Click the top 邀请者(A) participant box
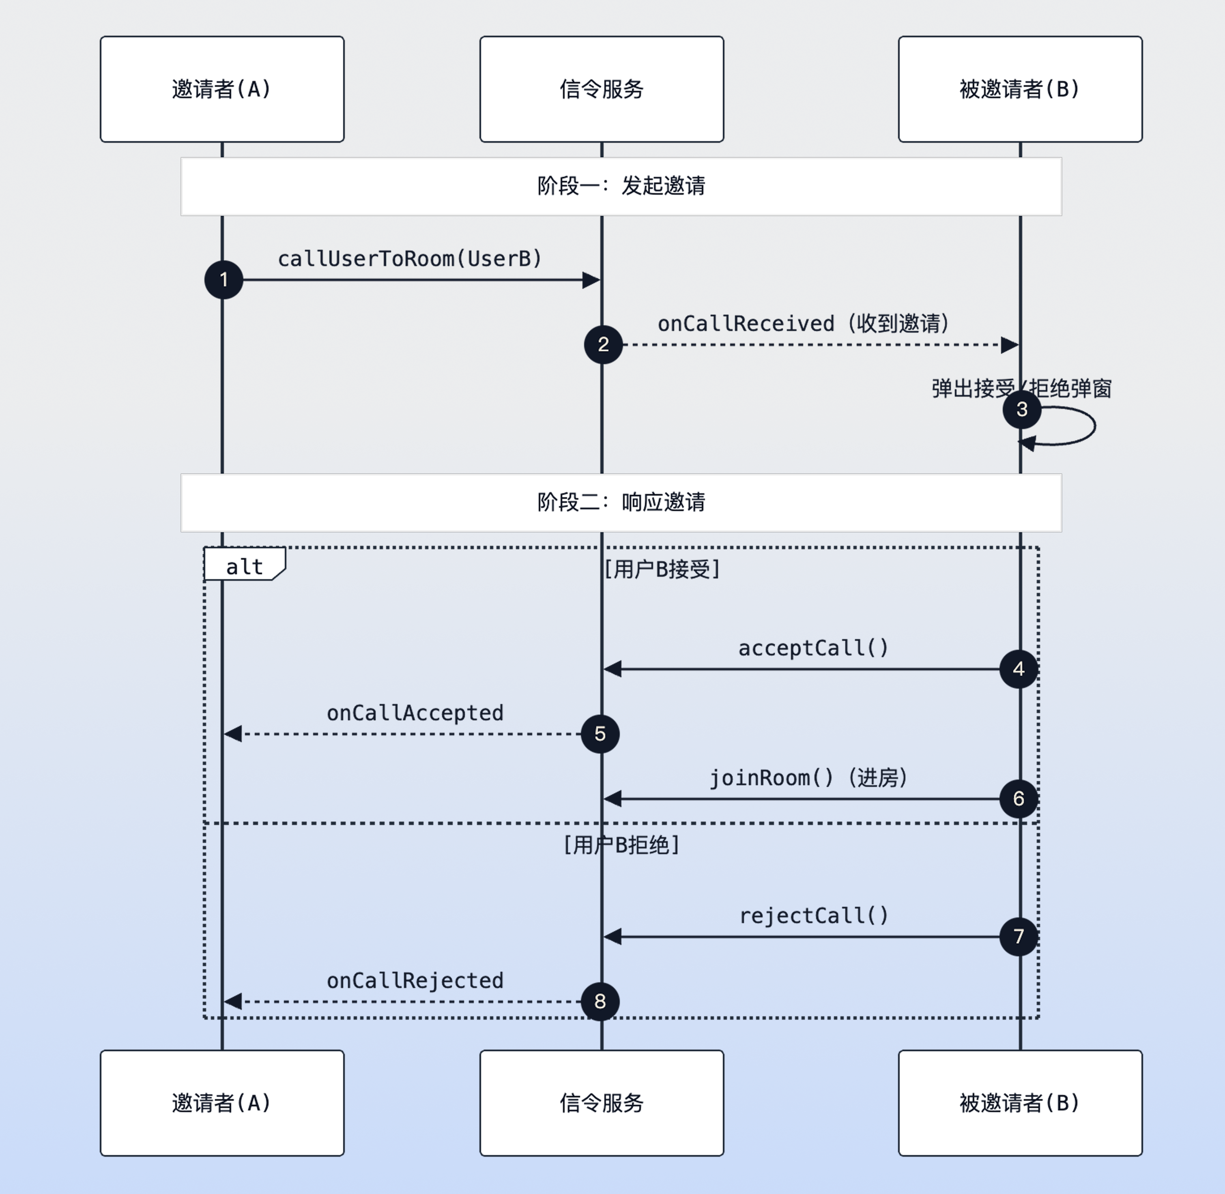(x=222, y=89)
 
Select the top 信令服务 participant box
(x=602, y=89)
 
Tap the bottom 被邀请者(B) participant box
(x=1020, y=1102)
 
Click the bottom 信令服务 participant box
(x=602, y=1102)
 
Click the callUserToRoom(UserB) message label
(x=410, y=258)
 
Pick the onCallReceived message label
(x=803, y=324)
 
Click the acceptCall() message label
(x=813, y=648)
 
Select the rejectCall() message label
(x=814, y=915)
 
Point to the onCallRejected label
(x=415, y=980)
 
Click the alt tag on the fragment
(x=244, y=566)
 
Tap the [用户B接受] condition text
(x=662, y=569)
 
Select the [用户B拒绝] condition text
(x=621, y=845)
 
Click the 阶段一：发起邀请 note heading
(x=621, y=186)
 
